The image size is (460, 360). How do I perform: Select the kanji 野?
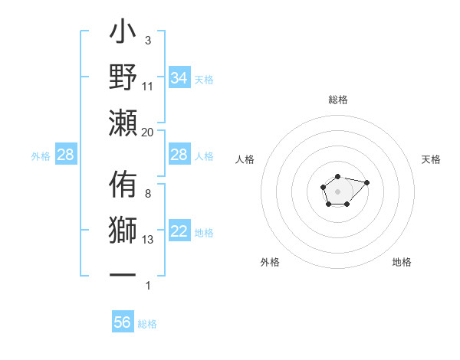[x=123, y=78]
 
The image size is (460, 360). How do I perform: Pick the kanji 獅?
[x=123, y=231]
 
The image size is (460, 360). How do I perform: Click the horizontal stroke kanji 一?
[x=123, y=273]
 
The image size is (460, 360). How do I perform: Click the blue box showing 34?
[x=179, y=78]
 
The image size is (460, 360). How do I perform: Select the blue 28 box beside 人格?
[x=179, y=155]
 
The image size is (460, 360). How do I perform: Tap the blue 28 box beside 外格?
[x=65, y=155]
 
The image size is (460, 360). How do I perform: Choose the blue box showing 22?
[x=179, y=231]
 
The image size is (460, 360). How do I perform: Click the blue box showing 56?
[x=123, y=322]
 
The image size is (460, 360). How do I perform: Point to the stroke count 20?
[x=148, y=132]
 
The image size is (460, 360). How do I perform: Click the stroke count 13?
[x=148, y=240]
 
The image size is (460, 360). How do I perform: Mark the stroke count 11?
[x=148, y=87]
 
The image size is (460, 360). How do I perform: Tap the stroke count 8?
[x=148, y=194]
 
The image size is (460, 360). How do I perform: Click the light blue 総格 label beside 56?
[x=147, y=324]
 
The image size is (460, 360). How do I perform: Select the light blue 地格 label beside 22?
[x=204, y=233]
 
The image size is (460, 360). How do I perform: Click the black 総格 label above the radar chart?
[x=337, y=100]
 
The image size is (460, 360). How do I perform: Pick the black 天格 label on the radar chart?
[x=432, y=159]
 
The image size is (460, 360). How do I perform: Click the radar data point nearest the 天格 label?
[x=366, y=182]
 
